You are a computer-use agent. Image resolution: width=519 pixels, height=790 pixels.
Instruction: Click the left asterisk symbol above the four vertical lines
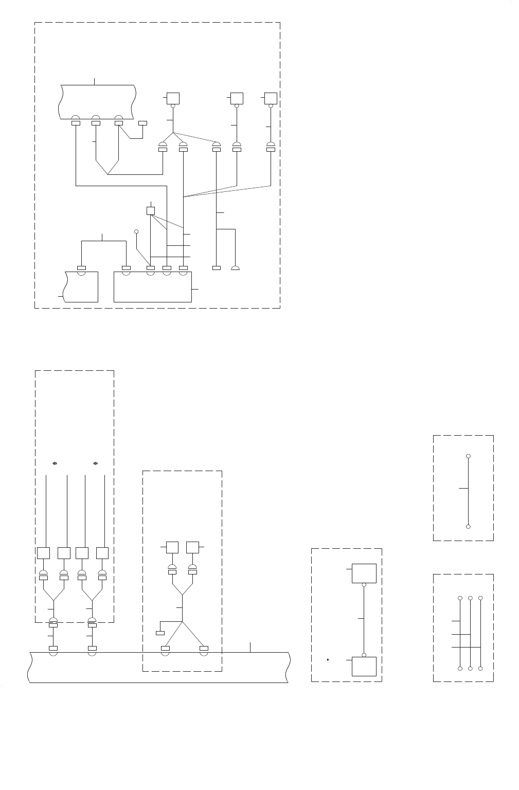pyautogui.click(x=55, y=463)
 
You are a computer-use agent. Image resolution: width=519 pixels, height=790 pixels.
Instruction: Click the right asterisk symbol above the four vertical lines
pyautogui.click(x=95, y=463)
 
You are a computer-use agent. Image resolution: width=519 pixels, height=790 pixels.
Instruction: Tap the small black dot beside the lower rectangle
pyautogui.click(x=327, y=659)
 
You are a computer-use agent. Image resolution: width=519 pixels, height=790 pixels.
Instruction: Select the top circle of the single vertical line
pyautogui.click(x=468, y=456)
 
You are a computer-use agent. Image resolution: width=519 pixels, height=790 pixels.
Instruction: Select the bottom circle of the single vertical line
pyautogui.click(x=468, y=527)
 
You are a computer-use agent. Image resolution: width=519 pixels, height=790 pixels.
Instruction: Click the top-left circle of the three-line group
pyautogui.click(x=460, y=598)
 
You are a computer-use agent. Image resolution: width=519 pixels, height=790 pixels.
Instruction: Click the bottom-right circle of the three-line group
pyautogui.click(x=480, y=668)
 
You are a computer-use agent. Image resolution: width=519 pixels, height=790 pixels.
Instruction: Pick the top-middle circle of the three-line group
pyautogui.click(x=470, y=598)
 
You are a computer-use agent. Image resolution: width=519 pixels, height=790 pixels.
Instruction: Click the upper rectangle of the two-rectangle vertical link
pyautogui.click(x=364, y=573)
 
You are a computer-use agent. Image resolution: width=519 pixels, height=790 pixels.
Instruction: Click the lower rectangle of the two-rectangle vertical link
pyautogui.click(x=364, y=666)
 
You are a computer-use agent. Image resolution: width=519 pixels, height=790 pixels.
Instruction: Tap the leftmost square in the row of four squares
pyautogui.click(x=44, y=553)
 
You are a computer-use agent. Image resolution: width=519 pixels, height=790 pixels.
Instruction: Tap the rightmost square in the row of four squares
pyautogui.click(x=102, y=553)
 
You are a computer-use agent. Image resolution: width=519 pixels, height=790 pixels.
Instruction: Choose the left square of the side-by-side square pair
pyautogui.click(x=172, y=547)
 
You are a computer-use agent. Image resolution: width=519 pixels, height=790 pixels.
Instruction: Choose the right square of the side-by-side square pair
pyautogui.click(x=192, y=547)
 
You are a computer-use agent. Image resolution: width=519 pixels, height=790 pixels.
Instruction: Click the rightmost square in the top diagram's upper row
pyautogui.click(x=271, y=98)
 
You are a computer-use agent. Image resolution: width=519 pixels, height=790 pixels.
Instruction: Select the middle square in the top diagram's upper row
pyautogui.click(x=237, y=98)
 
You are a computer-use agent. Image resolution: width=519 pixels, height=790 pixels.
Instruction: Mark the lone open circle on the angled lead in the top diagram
pyautogui.click(x=137, y=231)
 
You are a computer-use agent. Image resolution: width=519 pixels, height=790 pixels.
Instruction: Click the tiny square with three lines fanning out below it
pyautogui.click(x=151, y=210)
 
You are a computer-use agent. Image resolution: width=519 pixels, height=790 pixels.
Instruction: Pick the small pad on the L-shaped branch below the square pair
pyautogui.click(x=160, y=633)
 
